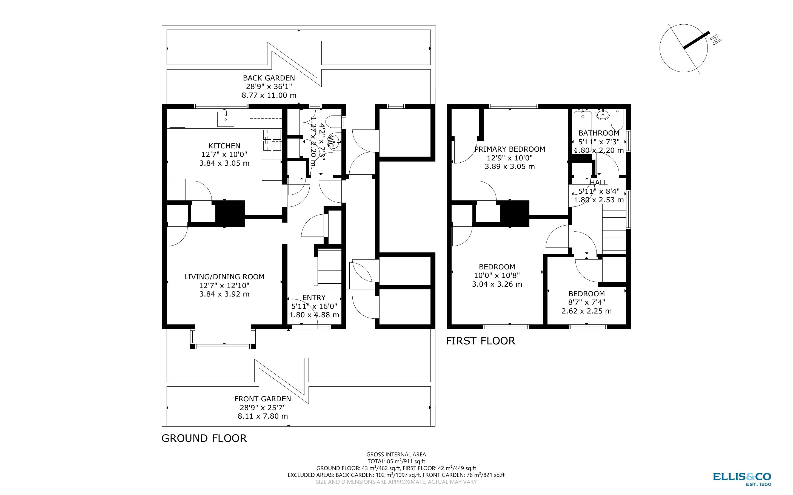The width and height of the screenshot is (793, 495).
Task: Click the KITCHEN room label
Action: pos(224,146)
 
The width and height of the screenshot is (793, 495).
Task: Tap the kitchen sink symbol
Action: pos(226,119)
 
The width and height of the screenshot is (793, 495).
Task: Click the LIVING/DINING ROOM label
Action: pos(224,277)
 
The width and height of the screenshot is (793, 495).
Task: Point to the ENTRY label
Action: pos(314,298)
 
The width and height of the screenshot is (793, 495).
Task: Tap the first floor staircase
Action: pos(612,229)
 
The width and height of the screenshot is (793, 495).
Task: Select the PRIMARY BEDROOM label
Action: pos(510,149)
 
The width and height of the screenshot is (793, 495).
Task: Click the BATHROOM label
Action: pos(599,133)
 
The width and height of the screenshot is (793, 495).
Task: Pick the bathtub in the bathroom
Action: pos(583,131)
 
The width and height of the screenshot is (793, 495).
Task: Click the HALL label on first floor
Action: pos(599,183)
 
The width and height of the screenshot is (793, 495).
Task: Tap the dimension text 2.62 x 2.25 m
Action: pos(587,311)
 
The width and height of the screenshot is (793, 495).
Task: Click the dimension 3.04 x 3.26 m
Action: pos(497,284)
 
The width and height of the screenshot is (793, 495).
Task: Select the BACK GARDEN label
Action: pos(269,78)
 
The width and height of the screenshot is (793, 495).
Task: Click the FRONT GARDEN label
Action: pos(263,399)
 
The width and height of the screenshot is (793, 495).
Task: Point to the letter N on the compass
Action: pos(716,40)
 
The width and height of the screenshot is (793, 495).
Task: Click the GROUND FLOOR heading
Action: pos(204,438)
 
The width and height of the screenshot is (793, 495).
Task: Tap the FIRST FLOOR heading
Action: pos(481,341)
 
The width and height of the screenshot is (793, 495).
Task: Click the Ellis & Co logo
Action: pos(742,478)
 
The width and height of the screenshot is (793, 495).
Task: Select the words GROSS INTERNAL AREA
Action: pos(396,454)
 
